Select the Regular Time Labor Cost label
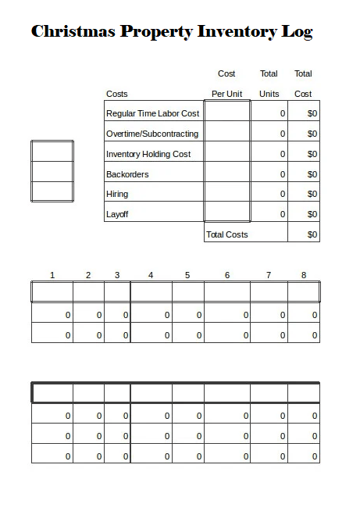[152, 113]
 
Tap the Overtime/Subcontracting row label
[152, 134]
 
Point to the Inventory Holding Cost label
[148, 154]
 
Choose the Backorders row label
[127, 174]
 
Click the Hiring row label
[117, 194]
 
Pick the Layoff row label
[117, 214]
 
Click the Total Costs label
[226, 234]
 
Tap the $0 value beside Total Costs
[312, 234]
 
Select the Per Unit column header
[227, 94]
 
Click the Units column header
[269, 94]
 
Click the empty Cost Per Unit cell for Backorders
[227, 174]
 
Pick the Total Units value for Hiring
[282, 194]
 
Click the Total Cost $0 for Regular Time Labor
[312, 113]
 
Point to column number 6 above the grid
[227, 275]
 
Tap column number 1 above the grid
[52, 275]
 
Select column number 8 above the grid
[304, 275]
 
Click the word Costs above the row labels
[117, 94]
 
